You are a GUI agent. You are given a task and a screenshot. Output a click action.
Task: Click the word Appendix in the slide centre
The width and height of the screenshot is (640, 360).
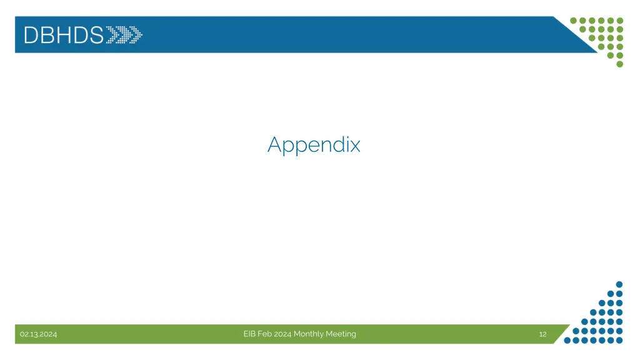(314, 145)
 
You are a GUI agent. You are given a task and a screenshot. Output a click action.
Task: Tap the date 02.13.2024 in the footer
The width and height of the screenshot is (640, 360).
(38, 334)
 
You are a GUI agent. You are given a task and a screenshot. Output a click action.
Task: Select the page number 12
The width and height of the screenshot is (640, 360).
(542, 334)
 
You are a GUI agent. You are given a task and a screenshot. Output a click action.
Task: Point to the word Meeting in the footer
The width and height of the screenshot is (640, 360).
(341, 334)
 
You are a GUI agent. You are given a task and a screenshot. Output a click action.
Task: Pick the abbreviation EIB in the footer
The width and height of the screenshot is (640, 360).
(249, 334)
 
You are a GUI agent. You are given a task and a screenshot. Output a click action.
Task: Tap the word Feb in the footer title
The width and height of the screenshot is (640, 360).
(265, 334)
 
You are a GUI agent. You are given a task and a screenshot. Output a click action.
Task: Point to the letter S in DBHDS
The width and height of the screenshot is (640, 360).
(96, 35)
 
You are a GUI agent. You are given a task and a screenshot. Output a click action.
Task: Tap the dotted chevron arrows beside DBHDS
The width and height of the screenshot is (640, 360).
(124, 35)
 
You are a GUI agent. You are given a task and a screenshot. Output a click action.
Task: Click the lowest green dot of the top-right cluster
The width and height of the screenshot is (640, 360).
(619, 64)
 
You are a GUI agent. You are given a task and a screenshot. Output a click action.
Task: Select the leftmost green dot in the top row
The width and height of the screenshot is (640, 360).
(574, 20)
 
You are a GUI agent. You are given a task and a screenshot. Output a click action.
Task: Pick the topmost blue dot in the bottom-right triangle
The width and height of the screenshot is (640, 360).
(619, 284)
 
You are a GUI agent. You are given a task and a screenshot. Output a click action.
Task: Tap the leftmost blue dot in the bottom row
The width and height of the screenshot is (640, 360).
(567, 341)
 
